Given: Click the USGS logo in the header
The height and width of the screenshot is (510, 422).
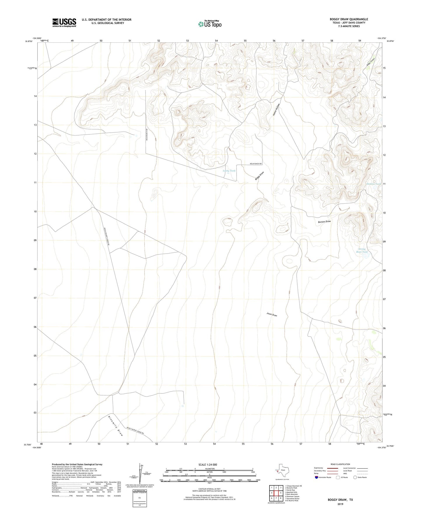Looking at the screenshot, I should (64, 22).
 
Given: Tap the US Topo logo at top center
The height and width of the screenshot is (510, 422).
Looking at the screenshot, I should (210, 24).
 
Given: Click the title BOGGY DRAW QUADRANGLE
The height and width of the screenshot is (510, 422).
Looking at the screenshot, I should (349, 19).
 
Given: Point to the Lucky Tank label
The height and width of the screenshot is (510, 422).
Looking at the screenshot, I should (229, 171).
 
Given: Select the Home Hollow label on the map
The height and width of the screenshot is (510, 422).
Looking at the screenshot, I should (276, 110).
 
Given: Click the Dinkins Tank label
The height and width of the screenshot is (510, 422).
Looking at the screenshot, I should (374, 184).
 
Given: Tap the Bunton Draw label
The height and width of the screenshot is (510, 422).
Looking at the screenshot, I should (324, 222).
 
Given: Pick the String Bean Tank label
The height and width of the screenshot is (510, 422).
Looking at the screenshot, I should (362, 251).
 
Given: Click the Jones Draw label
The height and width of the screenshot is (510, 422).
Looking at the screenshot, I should (272, 315).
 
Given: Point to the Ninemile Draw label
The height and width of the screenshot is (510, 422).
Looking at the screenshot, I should (115, 426).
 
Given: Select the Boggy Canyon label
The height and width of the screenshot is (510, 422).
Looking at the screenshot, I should (370, 62).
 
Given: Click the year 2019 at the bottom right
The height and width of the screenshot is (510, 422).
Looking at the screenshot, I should (340, 504).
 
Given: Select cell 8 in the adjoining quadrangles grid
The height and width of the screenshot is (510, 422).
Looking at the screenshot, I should (281, 498).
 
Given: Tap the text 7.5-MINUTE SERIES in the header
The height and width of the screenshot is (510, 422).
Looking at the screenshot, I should (349, 26).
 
